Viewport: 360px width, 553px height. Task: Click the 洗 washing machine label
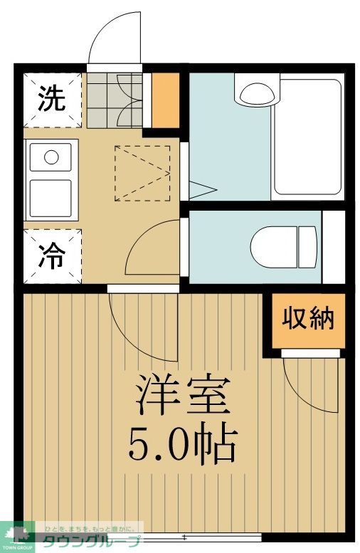(51, 99)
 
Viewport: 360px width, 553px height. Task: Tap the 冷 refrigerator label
(51, 257)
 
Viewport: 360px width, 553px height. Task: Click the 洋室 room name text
(183, 396)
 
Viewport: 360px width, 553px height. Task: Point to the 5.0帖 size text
(182, 445)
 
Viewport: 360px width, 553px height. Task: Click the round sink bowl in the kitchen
(51, 157)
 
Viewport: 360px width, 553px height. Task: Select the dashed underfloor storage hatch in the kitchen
(142, 173)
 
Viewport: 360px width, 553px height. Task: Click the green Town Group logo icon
(17, 534)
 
